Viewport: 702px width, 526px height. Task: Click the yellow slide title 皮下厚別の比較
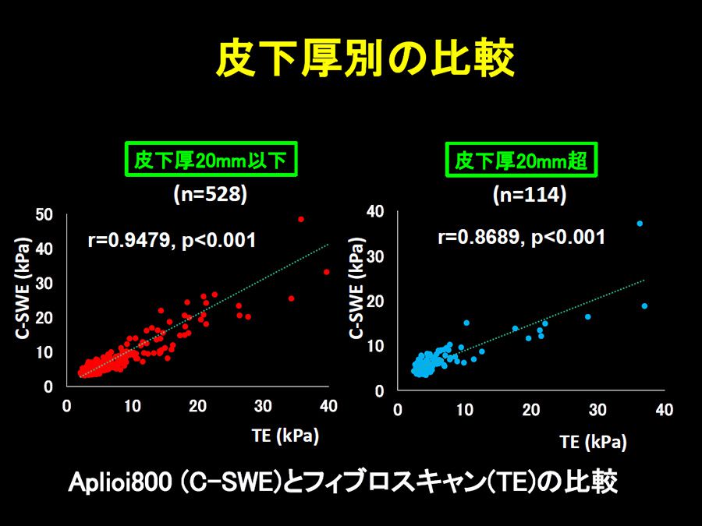[365, 58]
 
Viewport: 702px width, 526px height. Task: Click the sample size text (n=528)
[211, 195]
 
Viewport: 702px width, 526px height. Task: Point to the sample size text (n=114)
[530, 195]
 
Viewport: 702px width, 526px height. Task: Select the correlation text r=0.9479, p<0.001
[172, 240]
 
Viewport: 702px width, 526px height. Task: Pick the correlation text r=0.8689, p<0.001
[522, 237]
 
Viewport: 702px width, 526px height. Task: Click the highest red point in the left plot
[301, 219]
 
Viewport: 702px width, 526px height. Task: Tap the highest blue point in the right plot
[640, 223]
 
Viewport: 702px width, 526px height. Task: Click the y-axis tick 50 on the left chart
[44, 215]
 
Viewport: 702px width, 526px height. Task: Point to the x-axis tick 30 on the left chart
[263, 406]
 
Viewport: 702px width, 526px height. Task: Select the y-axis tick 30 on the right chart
[375, 256]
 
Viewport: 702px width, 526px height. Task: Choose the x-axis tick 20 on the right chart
[531, 410]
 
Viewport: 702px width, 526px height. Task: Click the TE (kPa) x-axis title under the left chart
[285, 436]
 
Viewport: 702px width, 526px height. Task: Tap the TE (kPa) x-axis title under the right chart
[594, 442]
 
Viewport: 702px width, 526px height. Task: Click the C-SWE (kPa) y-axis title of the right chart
[356, 288]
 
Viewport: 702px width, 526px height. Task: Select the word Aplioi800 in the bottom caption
[120, 482]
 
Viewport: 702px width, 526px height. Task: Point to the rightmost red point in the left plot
[326, 272]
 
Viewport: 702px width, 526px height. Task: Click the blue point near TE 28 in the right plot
[588, 316]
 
